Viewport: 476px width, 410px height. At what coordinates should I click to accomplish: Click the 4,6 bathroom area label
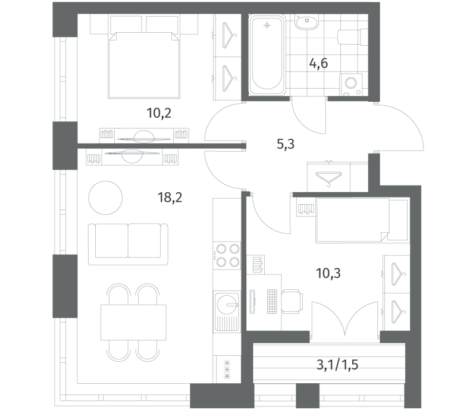(318, 64)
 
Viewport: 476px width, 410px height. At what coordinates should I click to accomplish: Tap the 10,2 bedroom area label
(159, 113)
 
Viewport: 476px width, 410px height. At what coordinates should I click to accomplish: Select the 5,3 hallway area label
(286, 144)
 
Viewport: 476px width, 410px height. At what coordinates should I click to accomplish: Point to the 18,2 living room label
(170, 198)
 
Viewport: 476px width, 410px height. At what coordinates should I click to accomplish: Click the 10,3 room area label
(328, 273)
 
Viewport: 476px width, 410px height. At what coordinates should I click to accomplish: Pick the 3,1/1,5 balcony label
(337, 365)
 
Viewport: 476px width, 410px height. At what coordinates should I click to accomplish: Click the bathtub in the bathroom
(267, 55)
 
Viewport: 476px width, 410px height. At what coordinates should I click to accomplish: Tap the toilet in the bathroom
(353, 37)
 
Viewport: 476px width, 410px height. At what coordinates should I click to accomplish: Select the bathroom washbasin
(306, 22)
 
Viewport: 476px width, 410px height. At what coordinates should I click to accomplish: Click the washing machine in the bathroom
(351, 84)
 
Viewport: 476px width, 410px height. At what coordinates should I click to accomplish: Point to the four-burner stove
(227, 255)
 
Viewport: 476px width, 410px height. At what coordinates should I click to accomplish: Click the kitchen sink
(227, 311)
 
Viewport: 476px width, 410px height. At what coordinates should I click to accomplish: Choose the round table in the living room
(105, 198)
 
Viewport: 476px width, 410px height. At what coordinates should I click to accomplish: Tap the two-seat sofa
(128, 244)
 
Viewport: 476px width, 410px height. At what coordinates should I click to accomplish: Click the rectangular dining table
(133, 323)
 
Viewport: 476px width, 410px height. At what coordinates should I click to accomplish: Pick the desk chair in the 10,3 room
(292, 301)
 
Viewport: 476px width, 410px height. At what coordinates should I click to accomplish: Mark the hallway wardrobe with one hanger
(329, 177)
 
